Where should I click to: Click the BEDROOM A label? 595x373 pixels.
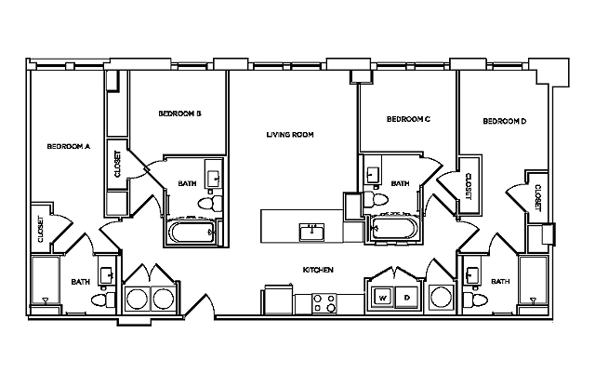click(x=68, y=146)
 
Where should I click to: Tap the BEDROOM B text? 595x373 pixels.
click(x=179, y=113)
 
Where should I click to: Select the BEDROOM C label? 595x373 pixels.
click(x=408, y=119)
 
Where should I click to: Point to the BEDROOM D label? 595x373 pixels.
click(x=505, y=121)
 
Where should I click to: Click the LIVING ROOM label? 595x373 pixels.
click(x=289, y=135)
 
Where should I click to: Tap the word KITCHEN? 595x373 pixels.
click(x=318, y=270)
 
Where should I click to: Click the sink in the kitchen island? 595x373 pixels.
click(x=311, y=231)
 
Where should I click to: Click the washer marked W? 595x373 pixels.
click(x=382, y=299)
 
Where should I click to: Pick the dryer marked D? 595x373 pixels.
click(x=406, y=299)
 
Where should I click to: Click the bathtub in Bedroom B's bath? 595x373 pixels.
click(x=193, y=232)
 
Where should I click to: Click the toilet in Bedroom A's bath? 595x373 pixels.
click(x=103, y=300)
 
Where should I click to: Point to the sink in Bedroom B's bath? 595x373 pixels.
click(x=213, y=177)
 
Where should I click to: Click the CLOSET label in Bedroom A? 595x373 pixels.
click(x=40, y=229)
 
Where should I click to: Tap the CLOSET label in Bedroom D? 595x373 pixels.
click(x=537, y=197)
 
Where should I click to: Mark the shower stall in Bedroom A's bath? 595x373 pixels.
click(x=43, y=285)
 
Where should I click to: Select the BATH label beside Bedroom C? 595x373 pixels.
click(x=400, y=184)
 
